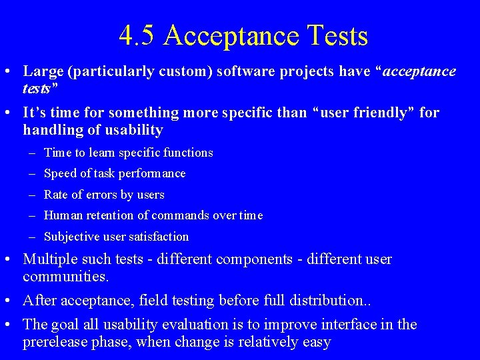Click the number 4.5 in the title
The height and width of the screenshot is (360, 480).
[x=137, y=35]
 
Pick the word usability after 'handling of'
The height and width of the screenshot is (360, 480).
[x=133, y=129]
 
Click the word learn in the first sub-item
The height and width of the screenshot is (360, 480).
[x=102, y=153]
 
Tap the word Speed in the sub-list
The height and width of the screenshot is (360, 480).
[x=59, y=173]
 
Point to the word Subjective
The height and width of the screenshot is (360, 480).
[x=71, y=237]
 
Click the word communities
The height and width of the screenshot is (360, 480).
[x=63, y=275]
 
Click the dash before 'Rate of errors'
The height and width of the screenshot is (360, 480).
[x=33, y=195]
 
